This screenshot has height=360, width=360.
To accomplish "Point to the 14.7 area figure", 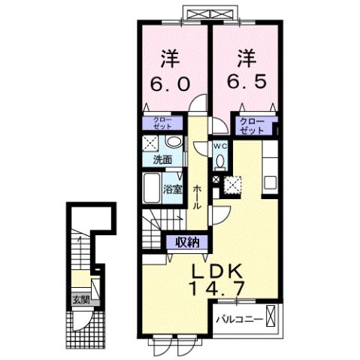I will [215, 289].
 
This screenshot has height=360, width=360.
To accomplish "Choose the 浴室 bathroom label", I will [173, 189].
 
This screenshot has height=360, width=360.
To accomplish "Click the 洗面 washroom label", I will [163, 160].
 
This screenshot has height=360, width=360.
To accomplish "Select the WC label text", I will [220, 146].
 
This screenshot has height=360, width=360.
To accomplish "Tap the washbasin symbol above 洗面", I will [172, 142].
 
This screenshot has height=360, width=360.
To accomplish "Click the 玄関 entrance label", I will [80, 298].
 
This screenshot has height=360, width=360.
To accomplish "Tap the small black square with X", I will [216, 180].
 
